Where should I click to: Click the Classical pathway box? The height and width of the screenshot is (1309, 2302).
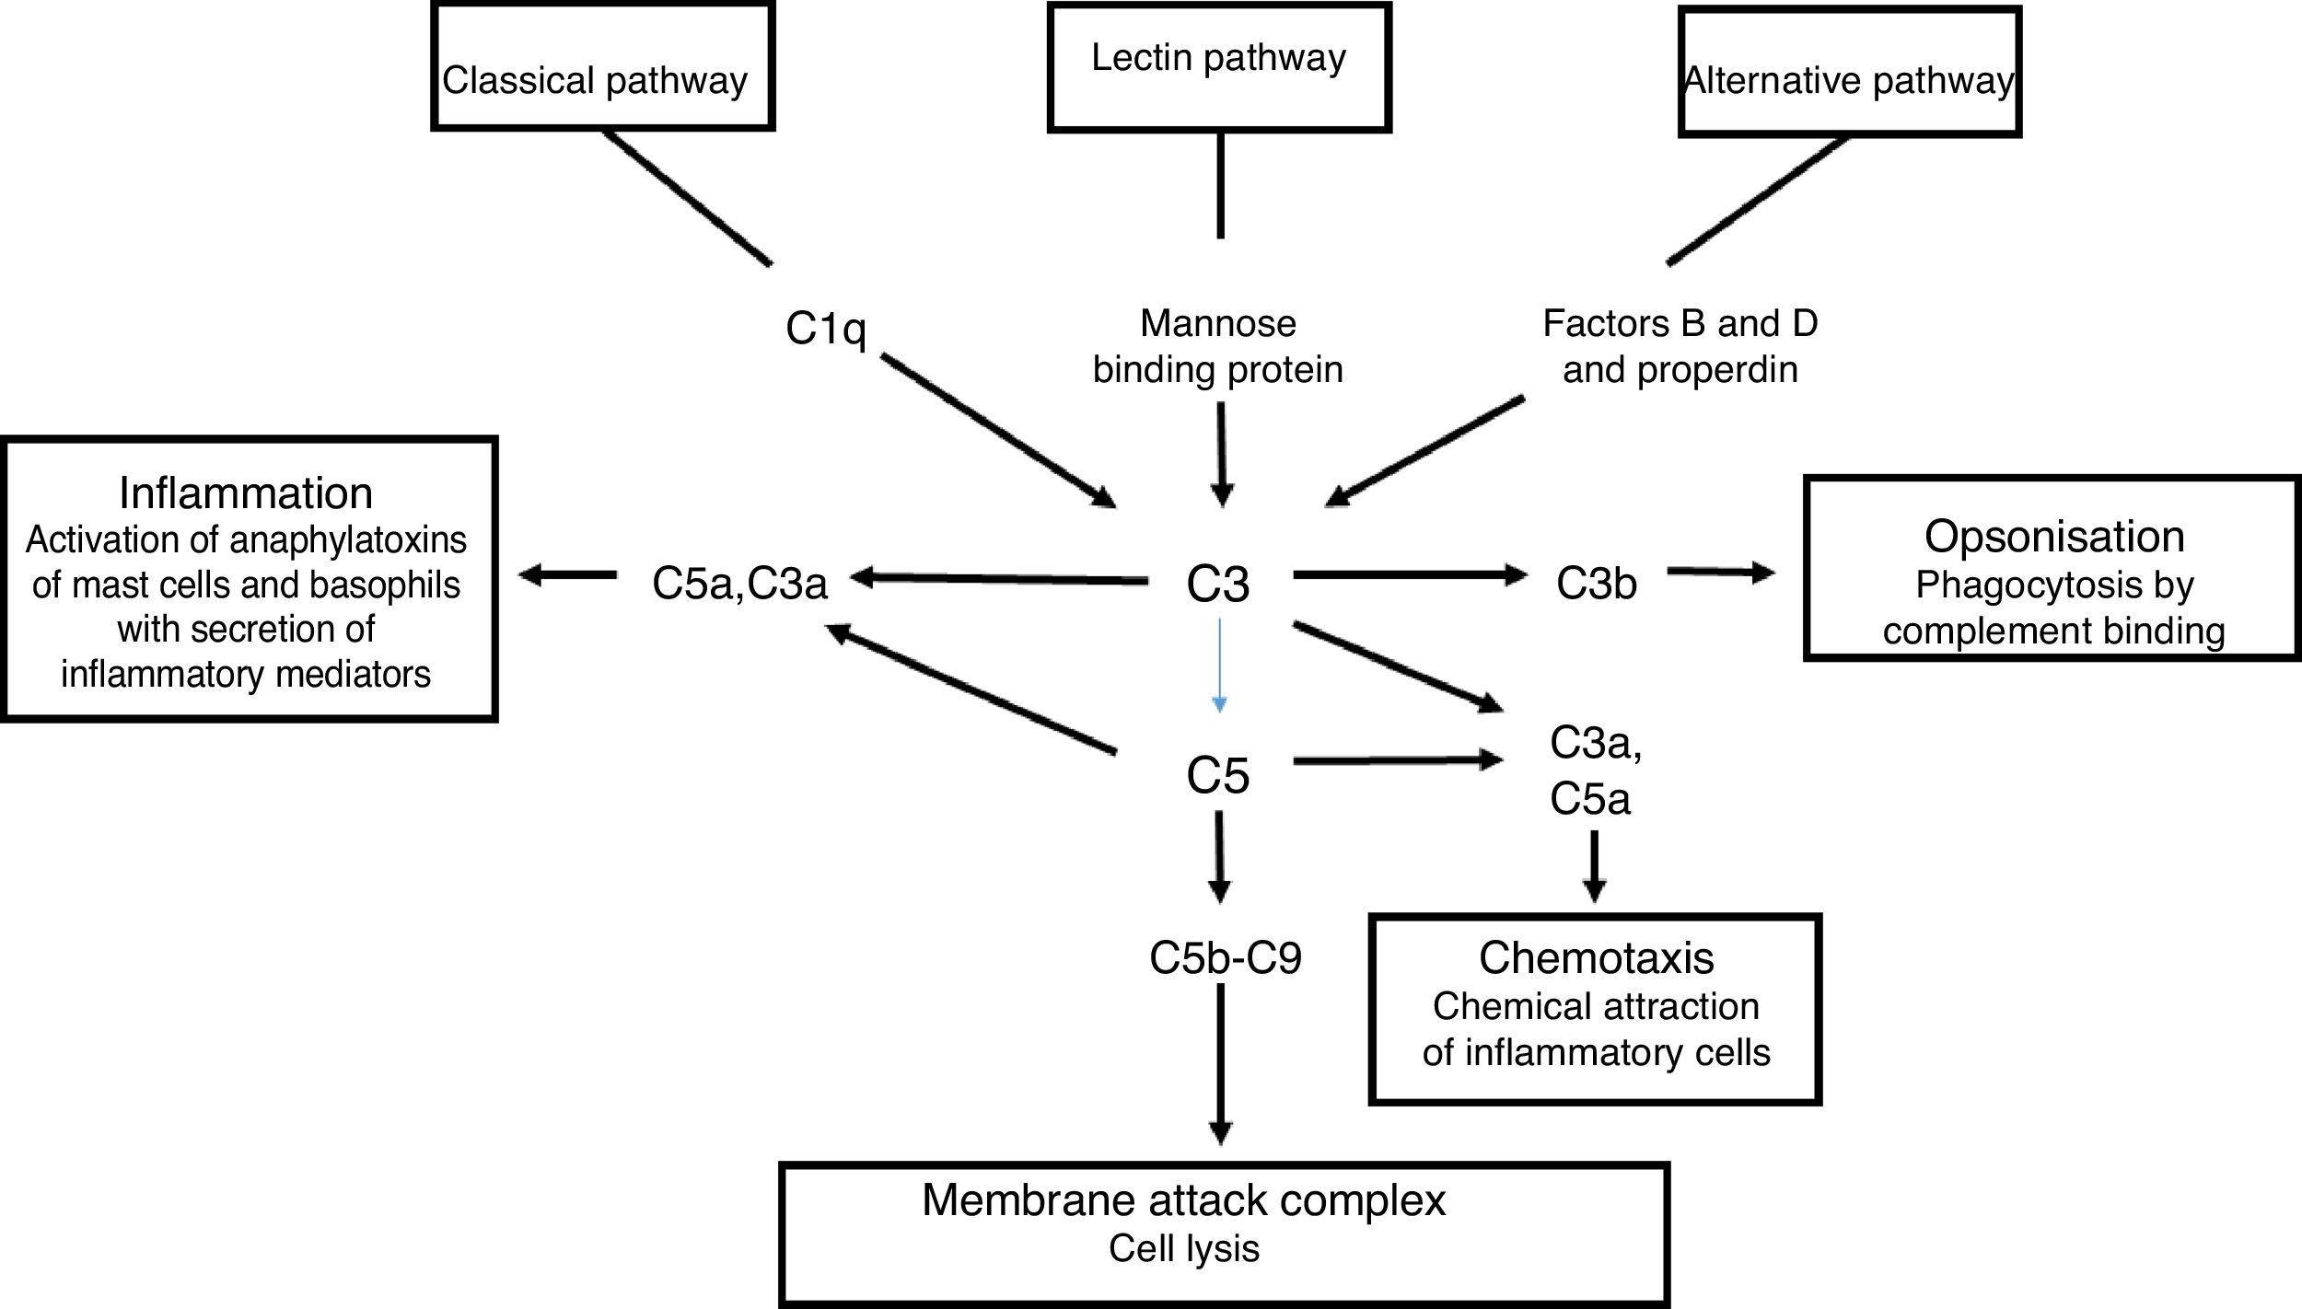tap(602, 67)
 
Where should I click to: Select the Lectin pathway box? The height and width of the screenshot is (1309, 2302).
tap(1218, 66)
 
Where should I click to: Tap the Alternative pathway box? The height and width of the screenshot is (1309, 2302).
tap(1849, 72)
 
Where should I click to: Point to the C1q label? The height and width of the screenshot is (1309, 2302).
tap(826, 328)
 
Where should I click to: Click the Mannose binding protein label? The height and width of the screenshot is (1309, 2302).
tap(1217, 346)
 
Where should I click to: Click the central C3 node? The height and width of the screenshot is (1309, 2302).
tap(1217, 584)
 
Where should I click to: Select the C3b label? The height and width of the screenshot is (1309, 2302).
tap(1596, 583)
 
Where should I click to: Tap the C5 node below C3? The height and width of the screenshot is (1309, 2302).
tap(1217, 775)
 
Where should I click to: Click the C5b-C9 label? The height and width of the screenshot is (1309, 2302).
tap(1225, 958)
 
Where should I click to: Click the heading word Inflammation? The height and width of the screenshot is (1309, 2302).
tap(246, 493)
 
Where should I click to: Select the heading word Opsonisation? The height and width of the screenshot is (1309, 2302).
tap(2053, 536)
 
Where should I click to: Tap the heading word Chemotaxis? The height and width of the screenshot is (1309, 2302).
tap(1596, 957)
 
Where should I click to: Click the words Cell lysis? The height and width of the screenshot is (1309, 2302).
tap(1183, 1248)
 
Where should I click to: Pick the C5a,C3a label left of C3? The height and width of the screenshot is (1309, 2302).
tap(739, 583)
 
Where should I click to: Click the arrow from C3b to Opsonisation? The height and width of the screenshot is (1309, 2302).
tap(1720, 573)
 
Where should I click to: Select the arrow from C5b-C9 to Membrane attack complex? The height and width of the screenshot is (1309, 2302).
tap(1220, 1063)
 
